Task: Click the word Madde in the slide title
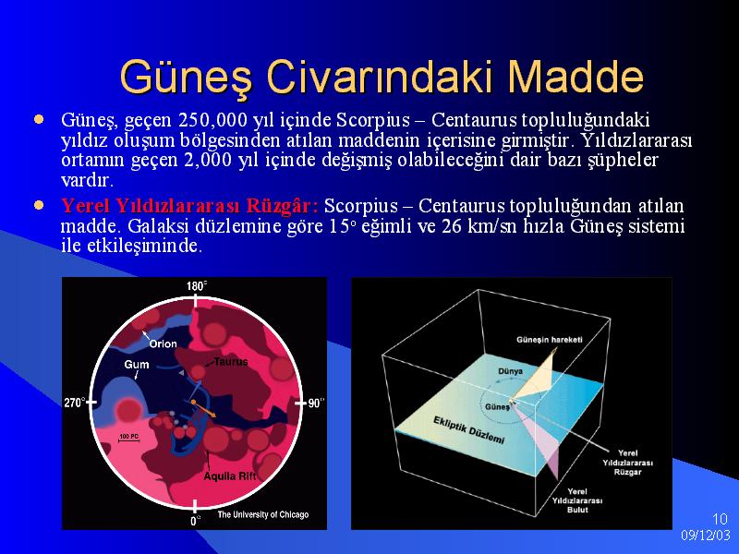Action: tap(575, 77)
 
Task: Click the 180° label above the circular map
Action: tap(197, 286)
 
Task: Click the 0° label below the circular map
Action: tap(195, 521)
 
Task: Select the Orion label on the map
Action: tap(164, 343)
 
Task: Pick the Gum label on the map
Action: tap(137, 364)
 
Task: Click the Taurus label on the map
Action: tap(231, 362)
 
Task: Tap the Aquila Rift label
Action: tap(230, 476)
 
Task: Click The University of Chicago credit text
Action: tap(263, 514)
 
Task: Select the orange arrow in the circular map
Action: tap(204, 409)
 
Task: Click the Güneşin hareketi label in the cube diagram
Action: tap(550, 340)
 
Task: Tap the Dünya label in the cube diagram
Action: tap(511, 371)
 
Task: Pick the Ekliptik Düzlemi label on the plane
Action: tap(469, 430)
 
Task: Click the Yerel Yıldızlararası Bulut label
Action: tap(577, 500)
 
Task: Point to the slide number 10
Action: tap(720, 519)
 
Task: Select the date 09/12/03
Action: tap(706, 536)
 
